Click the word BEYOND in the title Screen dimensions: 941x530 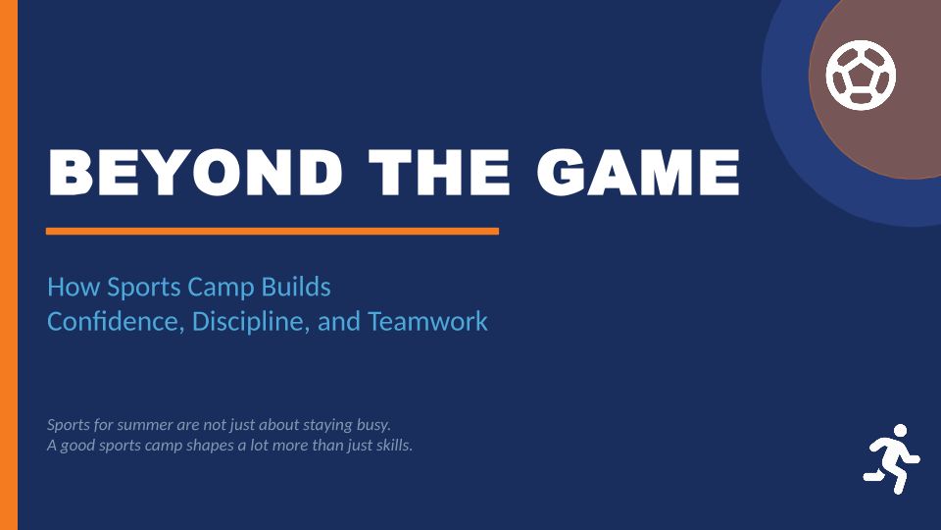tap(196, 173)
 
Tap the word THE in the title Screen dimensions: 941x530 tap(439, 173)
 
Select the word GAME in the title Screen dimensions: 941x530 tap(638, 173)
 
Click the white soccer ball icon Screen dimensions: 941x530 tap(861, 76)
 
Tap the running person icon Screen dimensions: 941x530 tap(891, 459)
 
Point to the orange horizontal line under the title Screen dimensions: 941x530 tap(272, 232)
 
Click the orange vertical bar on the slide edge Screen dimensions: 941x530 tap(9, 265)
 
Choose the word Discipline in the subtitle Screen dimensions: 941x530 tap(251, 322)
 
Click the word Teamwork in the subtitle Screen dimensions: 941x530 tap(427, 322)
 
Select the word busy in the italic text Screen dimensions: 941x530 tap(373, 425)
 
